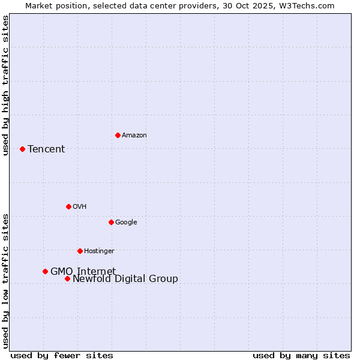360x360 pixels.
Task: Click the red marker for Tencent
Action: pos(22,149)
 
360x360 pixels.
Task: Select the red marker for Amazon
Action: pos(118,135)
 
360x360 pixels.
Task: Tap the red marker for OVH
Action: pos(68,206)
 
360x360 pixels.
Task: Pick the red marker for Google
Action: pos(111,222)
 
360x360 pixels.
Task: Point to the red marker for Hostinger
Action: pos(80,251)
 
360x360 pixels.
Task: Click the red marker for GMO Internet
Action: pos(45,271)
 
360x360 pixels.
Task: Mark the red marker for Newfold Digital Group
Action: pos(67,278)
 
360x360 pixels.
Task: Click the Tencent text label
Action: pos(46,149)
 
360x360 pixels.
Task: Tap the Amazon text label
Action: pos(134,136)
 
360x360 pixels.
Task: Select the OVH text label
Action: pos(80,207)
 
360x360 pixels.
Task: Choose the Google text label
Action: pos(126,223)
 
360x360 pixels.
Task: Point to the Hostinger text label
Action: pos(99,251)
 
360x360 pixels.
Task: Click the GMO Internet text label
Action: pos(83,272)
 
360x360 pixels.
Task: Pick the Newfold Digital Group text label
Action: pos(125,279)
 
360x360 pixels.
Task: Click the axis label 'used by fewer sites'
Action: pos(62,355)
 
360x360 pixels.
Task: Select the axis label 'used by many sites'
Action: pos(301,355)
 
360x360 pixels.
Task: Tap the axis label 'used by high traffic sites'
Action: pos(5,85)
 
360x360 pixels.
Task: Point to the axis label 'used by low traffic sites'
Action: pos(5,281)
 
